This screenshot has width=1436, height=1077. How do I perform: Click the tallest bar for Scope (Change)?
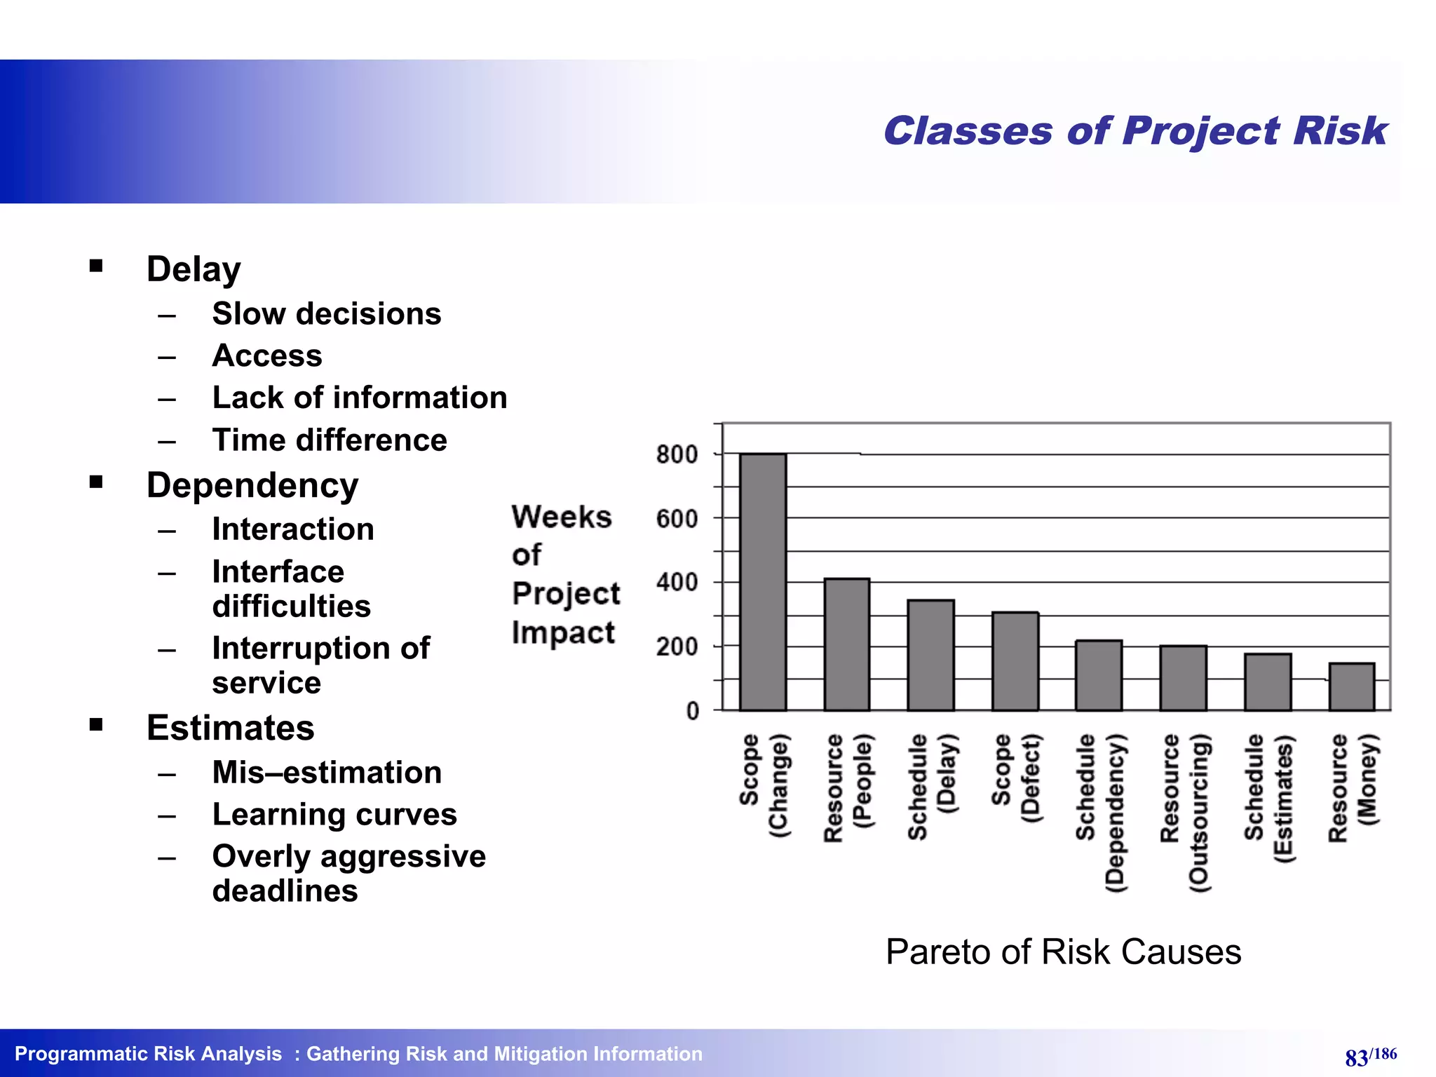(x=763, y=582)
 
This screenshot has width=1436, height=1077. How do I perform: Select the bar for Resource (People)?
(x=846, y=644)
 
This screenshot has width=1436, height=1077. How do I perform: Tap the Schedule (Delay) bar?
(x=930, y=655)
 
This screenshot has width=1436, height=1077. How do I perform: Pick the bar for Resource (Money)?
(x=1351, y=686)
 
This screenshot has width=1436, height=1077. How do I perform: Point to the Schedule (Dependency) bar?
(x=1099, y=675)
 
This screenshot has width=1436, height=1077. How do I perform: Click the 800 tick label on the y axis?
(x=677, y=454)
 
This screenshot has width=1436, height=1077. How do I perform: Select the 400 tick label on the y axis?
(x=677, y=582)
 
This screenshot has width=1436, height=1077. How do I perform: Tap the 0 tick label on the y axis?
(x=692, y=711)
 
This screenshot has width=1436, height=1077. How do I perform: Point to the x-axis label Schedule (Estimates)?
(x=1268, y=798)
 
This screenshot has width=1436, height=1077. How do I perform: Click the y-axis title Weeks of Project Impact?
(x=564, y=574)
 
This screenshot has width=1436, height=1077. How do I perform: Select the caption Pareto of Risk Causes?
(x=1063, y=951)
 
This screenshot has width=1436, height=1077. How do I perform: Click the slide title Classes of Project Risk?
(x=1134, y=131)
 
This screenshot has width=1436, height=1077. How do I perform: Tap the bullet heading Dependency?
(x=252, y=485)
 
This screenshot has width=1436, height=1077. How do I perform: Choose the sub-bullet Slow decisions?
(x=327, y=313)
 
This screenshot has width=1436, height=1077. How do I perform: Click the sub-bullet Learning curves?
(x=334, y=814)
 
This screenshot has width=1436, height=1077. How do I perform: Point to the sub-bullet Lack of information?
(x=360, y=398)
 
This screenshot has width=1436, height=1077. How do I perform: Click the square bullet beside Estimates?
(x=96, y=725)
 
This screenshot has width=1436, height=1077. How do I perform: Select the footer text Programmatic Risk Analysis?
(x=148, y=1054)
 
